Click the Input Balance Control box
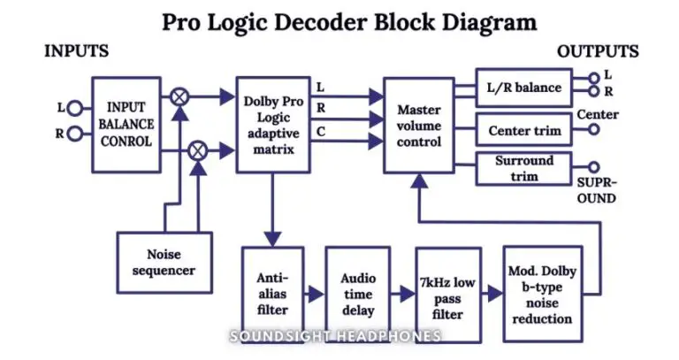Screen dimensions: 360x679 [x=127, y=123]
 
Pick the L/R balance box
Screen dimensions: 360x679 [x=524, y=88]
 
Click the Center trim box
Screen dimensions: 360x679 [x=524, y=131]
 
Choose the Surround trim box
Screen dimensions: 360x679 [x=524, y=168]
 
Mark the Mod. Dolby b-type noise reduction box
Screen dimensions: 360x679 [x=542, y=295]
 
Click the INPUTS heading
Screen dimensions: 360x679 [x=76, y=52]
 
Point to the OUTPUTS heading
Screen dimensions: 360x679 [x=598, y=52]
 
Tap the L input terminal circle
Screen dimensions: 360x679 [x=74, y=109]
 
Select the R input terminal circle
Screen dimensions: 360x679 [x=74, y=134]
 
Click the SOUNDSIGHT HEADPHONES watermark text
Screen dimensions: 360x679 [x=335, y=336]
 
